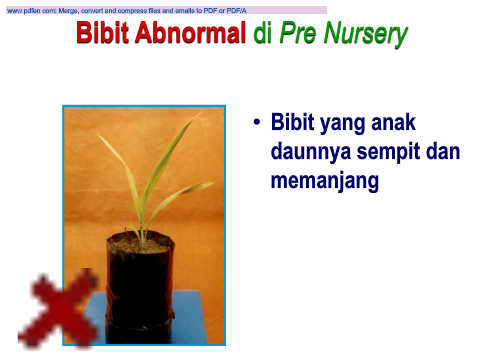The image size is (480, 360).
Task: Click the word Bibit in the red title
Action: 102,32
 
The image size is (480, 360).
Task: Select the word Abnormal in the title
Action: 190,32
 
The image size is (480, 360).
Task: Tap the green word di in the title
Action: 263,32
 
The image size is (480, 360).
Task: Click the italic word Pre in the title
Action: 298,33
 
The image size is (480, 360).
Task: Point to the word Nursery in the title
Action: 366,35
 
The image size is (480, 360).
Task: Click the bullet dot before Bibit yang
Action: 256,122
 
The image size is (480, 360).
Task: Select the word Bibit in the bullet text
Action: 292,122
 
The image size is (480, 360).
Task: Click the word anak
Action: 393,122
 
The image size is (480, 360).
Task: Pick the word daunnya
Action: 311,153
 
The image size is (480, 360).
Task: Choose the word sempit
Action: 387,153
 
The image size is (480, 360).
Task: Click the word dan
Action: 442,151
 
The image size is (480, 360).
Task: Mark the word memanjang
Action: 325,182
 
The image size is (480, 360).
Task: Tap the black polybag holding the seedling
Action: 140,288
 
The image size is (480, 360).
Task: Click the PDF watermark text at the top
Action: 127,11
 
